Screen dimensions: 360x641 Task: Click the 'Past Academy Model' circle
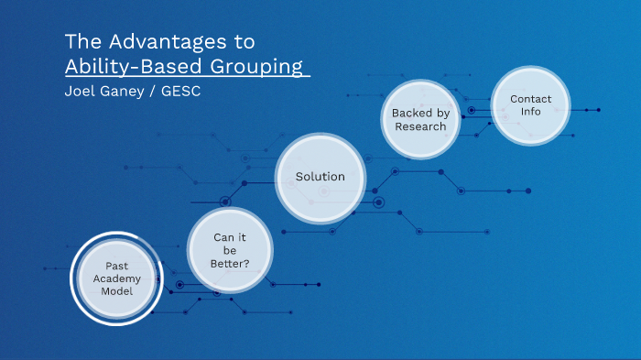click(116, 278)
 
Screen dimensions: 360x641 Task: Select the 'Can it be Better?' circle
click(231, 250)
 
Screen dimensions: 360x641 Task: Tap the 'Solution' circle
click(320, 177)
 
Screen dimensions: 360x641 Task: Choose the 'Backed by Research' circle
click(420, 119)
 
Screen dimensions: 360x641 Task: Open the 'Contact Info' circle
click(530, 105)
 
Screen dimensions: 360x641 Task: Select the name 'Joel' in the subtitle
click(81, 93)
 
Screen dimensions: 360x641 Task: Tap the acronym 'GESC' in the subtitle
click(182, 93)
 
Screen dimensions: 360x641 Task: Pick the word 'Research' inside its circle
click(420, 126)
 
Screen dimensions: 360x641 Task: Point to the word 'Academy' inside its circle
click(117, 278)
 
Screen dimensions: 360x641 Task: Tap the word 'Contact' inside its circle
click(530, 99)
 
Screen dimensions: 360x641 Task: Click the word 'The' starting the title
click(79, 42)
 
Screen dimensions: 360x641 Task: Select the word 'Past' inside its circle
click(117, 265)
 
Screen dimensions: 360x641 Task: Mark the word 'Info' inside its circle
click(530, 112)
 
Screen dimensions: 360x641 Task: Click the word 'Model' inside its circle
click(117, 290)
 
